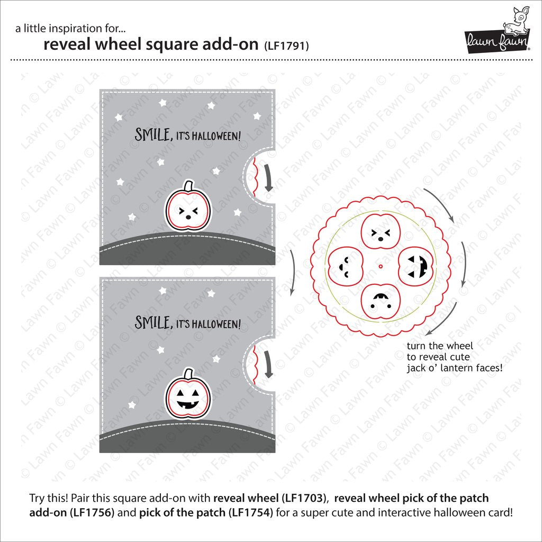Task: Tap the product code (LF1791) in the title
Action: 286,46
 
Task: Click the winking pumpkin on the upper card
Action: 188,209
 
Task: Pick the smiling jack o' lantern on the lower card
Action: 188,397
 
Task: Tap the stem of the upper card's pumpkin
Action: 188,186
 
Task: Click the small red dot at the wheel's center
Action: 381,266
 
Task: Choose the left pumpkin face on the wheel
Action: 345,266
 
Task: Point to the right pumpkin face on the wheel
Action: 416,266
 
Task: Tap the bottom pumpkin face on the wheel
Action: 381,301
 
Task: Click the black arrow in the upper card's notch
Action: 268,178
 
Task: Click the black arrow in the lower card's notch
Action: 268,365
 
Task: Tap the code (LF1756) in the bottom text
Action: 92,512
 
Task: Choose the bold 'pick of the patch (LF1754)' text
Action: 206,512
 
